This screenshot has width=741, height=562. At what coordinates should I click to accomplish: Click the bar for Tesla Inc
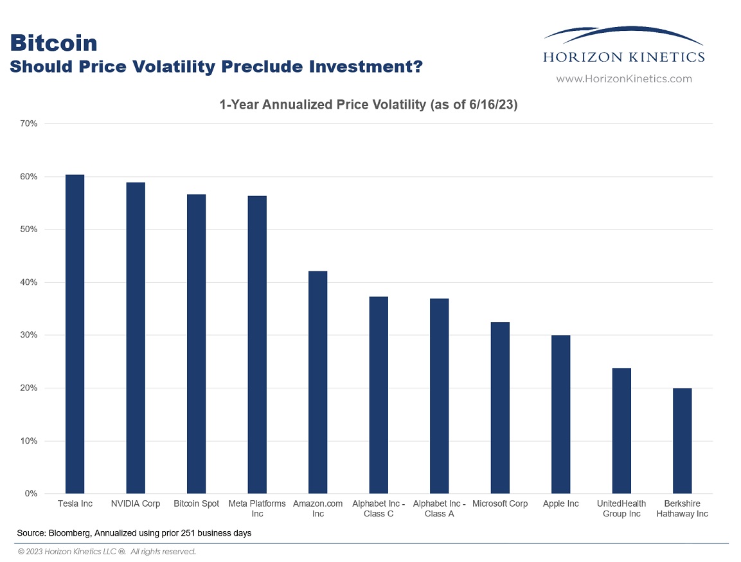(x=75, y=334)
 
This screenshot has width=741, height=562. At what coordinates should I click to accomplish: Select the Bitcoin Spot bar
(x=196, y=344)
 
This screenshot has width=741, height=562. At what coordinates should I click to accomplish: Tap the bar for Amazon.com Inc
(x=317, y=383)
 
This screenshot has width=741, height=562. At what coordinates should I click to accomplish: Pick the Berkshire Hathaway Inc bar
(x=682, y=441)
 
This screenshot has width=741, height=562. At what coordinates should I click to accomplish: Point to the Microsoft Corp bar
(x=500, y=408)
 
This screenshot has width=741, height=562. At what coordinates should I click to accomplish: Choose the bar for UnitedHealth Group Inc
(x=621, y=431)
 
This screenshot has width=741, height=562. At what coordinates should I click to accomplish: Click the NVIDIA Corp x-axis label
(x=136, y=504)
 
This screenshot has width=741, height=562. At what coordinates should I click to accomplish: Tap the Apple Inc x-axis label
(x=560, y=504)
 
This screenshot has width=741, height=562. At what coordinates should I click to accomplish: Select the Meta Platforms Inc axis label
(x=257, y=509)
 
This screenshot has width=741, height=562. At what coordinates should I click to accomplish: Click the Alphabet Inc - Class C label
(x=379, y=509)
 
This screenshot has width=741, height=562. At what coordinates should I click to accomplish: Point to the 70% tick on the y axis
(x=28, y=124)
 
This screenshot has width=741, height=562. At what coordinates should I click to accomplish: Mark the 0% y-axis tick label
(x=31, y=493)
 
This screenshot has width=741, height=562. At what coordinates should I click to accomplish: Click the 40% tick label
(x=28, y=282)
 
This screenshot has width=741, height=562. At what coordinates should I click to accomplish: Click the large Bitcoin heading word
(x=53, y=43)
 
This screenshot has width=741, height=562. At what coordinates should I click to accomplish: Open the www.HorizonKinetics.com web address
(x=624, y=79)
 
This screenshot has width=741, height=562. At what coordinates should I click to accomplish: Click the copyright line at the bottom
(x=107, y=552)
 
